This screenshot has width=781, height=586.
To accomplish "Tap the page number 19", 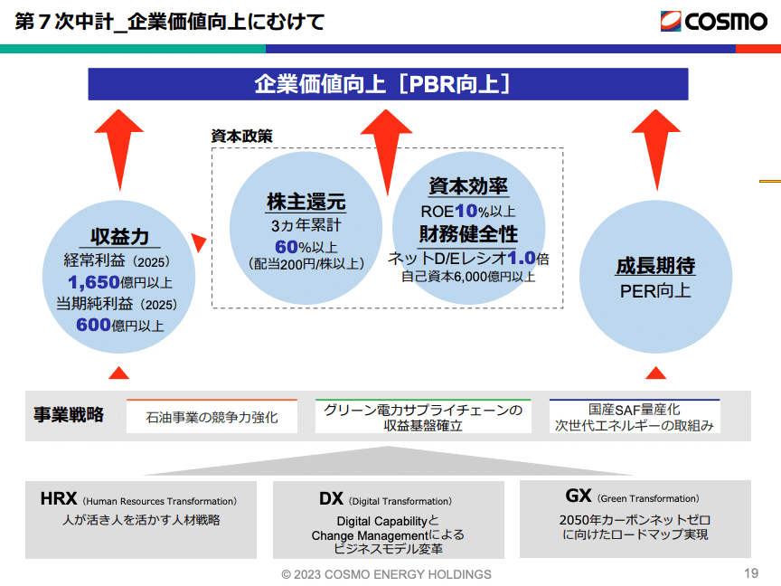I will tap(750, 572).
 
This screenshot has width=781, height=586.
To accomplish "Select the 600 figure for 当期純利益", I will tap(93, 325).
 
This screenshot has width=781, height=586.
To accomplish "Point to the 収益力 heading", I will tap(119, 237).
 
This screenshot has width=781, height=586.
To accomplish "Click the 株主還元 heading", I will tap(306, 202).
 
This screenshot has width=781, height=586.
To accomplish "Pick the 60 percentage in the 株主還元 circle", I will tap(287, 245).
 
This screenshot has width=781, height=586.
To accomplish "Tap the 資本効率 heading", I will tap(467, 186).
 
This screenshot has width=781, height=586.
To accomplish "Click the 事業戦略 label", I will tap(69, 415).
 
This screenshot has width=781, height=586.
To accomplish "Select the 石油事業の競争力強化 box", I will tap(212, 417).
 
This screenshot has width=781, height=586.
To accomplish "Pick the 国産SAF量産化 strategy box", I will tap(635, 417).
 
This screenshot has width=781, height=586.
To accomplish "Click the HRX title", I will tap(59, 498).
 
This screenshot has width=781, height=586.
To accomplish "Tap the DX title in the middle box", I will tap(331, 498).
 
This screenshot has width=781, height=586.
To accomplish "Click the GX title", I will tap(579, 496).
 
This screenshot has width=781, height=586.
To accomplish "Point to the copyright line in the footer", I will tap(386, 574).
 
